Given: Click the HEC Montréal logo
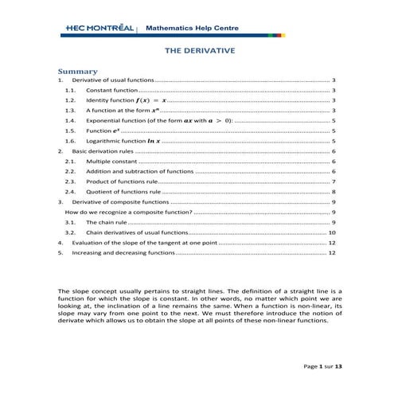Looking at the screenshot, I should [x=99, y=29].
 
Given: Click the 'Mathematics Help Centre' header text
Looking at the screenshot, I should [x=186, y=29].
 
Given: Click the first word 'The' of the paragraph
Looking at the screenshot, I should [x=64, y=292].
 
